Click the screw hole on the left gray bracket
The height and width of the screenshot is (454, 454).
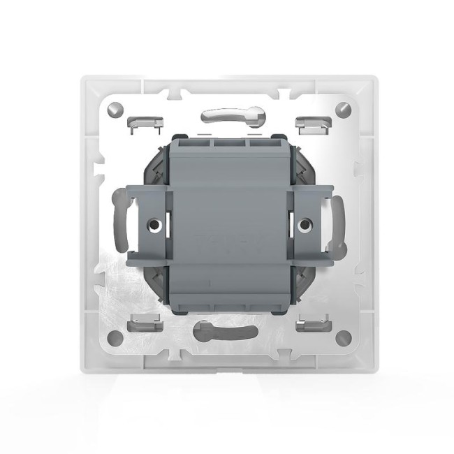(x=154, y=226)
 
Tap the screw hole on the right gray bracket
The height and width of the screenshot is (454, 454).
(x=305, y=226)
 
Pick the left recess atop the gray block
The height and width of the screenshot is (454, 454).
(x=191, y=144)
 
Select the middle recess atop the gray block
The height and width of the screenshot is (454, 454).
(x=227, y=144)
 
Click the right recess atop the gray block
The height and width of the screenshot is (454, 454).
(x=263, y=144)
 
